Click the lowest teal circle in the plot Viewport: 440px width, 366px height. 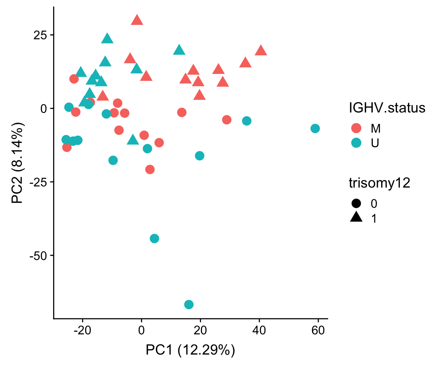pos(189,304)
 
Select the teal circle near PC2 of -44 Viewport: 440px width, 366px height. pos(154,238)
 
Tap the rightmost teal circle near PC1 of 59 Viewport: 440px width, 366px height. pos(315,128)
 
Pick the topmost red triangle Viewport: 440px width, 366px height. pos(137,20)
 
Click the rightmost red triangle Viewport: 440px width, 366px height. pos(261,50)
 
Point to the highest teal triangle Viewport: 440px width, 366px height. pos(107,38)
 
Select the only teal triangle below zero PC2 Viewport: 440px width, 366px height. pos(133,140)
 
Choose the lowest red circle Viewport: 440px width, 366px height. pos(150,169)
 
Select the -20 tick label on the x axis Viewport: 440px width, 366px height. pos(82,330)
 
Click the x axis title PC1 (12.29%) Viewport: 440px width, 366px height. pos(190,350)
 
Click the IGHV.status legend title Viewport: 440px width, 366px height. pos(387,108)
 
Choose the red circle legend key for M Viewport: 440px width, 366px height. pos(356,128)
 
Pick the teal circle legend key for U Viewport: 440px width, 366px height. pos(356,143)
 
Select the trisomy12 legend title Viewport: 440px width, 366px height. pos(379,183)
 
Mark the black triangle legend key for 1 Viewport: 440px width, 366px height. pos(356,218)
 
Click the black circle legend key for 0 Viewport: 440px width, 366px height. pos(356,203)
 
